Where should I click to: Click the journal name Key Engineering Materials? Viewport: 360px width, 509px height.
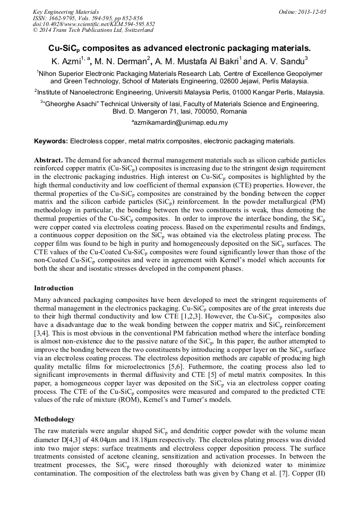click(x=65, y=11)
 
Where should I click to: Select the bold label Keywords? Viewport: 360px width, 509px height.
click(x=51, y=141)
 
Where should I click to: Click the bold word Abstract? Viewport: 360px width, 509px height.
click(x=49, y=160)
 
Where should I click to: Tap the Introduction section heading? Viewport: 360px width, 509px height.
click(x=54, y=288)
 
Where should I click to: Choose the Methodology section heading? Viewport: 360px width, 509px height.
click(x=54, y=419)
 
